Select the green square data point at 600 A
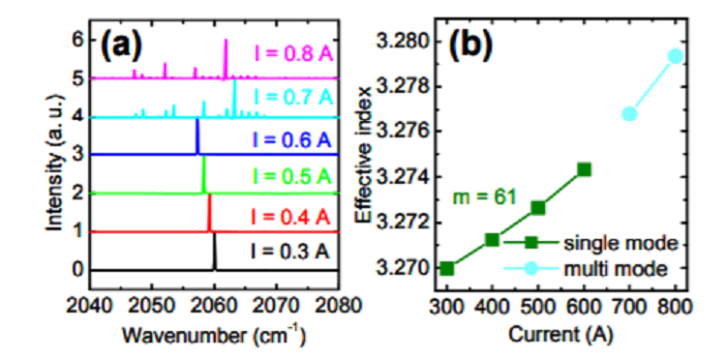[584, 169]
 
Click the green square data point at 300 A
[446, 268]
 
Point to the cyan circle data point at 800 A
[676, 56]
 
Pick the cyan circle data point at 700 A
[630, 114]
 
